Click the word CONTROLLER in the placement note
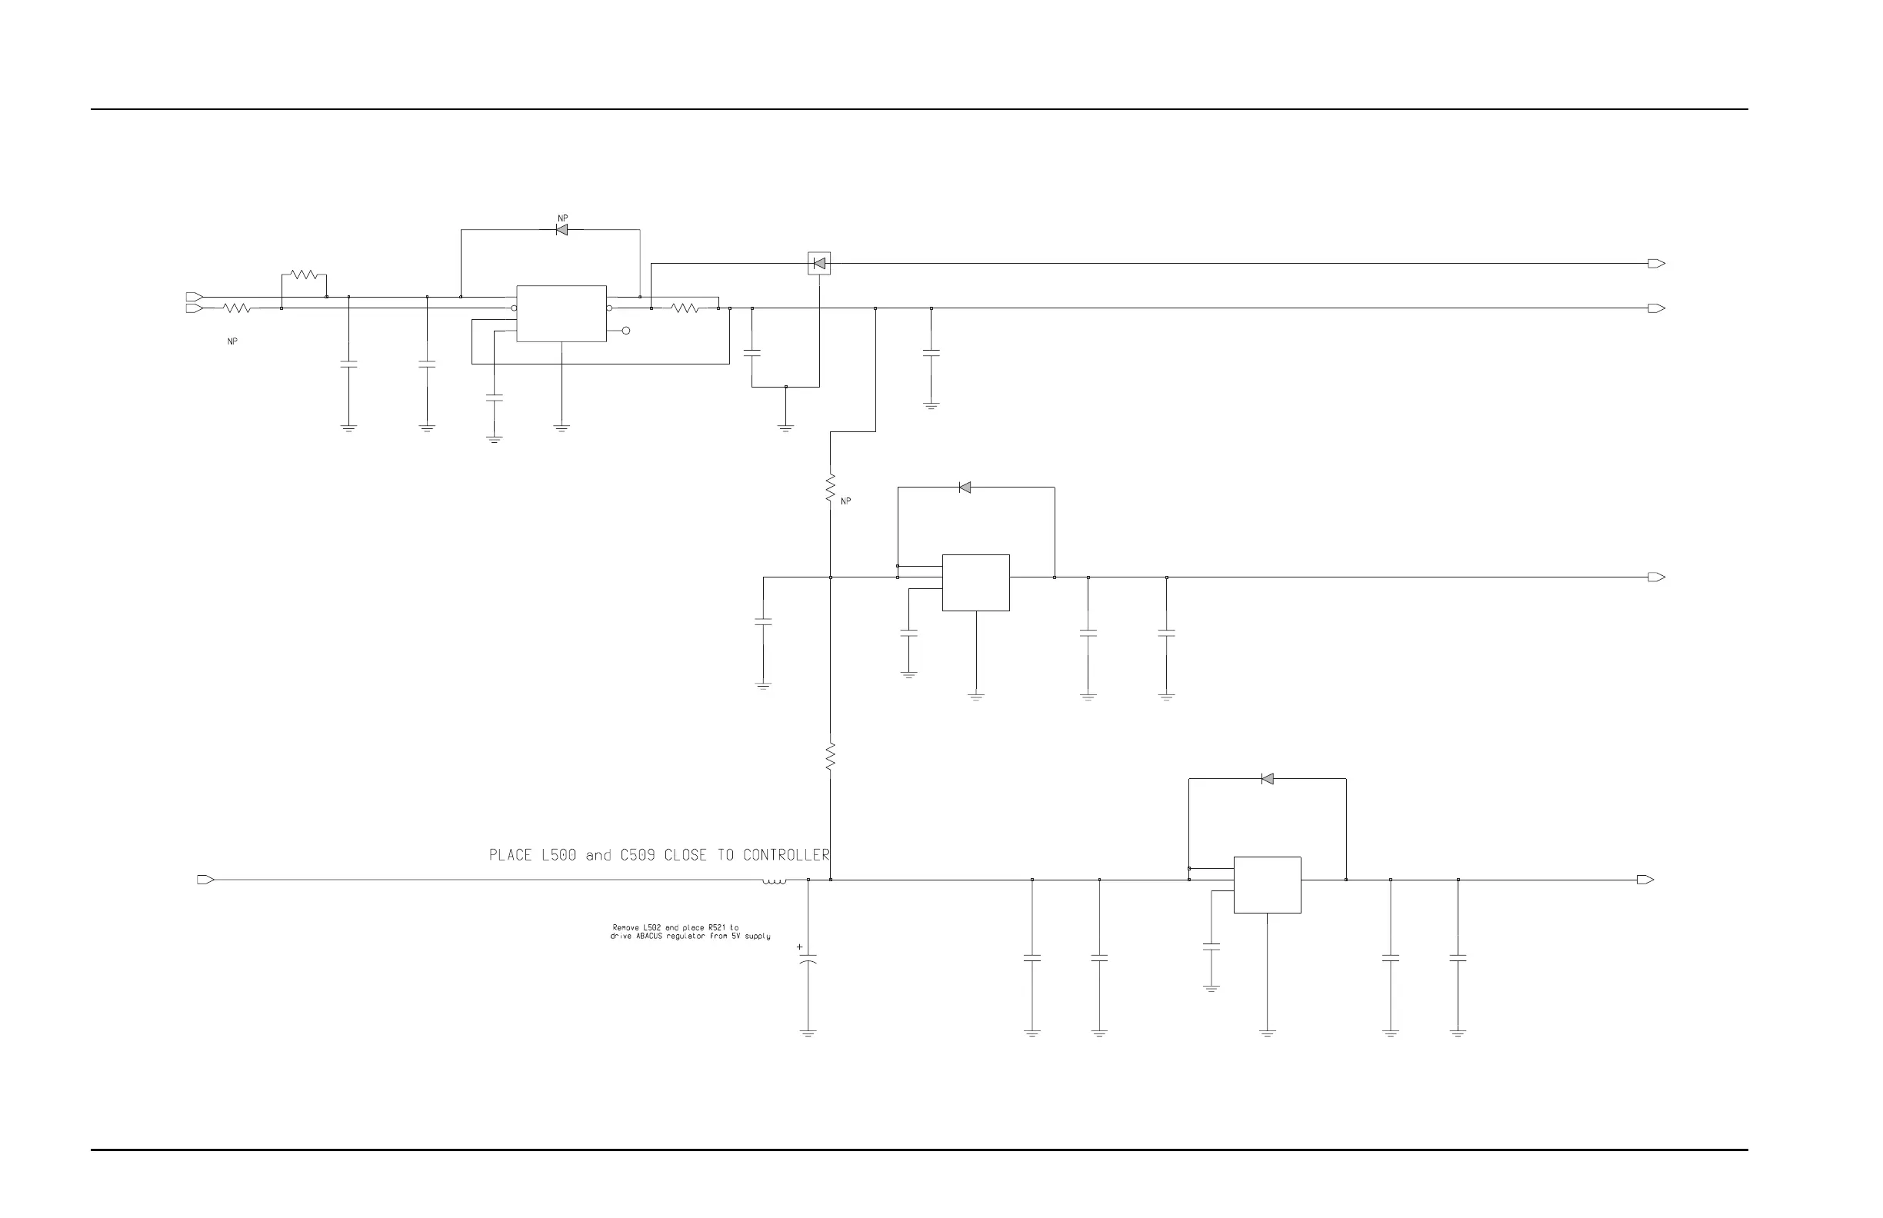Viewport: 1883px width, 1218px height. coord(785,855)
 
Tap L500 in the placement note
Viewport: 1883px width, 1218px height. coord(558,855)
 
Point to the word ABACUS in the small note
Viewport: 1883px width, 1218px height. coord(650,937)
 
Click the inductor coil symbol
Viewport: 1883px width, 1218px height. coord(775,881)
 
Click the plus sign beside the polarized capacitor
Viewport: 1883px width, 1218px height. coord(799,947)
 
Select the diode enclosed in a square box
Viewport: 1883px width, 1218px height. coord(819,264)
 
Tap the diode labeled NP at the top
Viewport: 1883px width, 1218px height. coord(562,230)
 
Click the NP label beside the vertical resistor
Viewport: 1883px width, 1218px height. coord(846,501)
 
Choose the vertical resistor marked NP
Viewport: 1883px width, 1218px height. coord(830,488)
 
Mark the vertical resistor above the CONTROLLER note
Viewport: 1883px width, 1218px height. coord(830,756)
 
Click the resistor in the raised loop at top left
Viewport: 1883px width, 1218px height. coord(304,275)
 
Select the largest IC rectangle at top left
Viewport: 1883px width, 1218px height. coord(561,313)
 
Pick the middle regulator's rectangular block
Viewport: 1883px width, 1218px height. coord(975,583)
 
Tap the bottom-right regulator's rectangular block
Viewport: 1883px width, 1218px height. coord(1267,885)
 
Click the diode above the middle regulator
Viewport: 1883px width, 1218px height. coord(965,488)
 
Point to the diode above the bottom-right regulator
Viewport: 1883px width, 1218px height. coord(1267,779)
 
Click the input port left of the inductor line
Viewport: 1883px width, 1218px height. coord(205,880)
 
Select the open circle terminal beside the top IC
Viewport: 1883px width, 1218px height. coord(626,331)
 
